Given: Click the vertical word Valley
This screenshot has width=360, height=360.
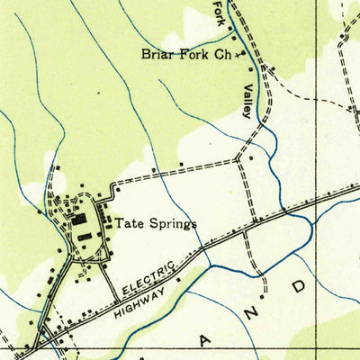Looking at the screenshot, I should [x=246, y=101].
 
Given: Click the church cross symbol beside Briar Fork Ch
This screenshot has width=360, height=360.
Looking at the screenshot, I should [x=239, y=55].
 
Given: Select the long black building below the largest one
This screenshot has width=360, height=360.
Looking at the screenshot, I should [x=85, y=235].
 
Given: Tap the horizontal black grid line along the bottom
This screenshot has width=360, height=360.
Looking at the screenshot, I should [x=180, y=347].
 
